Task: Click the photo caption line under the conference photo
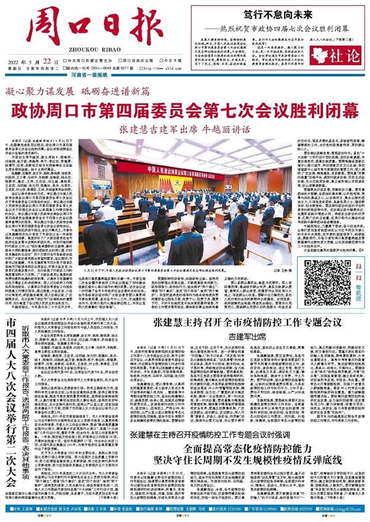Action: pos(185,269)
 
